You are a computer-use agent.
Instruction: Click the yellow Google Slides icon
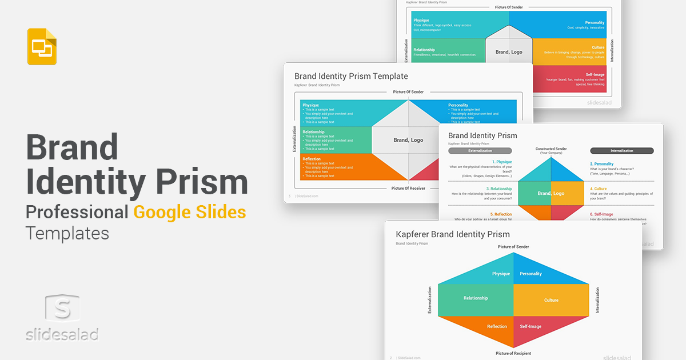coord(42,46)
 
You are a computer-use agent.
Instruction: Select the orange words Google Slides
coord(190,213)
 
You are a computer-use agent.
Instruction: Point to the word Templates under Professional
coord(67,233)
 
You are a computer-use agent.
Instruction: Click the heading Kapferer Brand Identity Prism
coord(453,234)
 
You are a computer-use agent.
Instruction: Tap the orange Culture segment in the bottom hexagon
coord(551,300)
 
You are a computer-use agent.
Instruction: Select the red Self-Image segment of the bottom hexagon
coord(531,326)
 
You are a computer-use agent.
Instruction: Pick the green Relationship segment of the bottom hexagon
coord(476,298)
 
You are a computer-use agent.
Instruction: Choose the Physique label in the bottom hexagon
coord(500,274)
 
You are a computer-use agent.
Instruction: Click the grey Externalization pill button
coord(480,151)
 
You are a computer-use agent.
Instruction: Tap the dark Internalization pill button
coord(621,151)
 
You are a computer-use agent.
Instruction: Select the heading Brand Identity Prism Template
coord(351,76)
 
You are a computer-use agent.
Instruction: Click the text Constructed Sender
coord(551,149)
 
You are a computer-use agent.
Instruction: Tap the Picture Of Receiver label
coord(408,188)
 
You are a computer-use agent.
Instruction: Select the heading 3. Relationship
coord(499,189)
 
